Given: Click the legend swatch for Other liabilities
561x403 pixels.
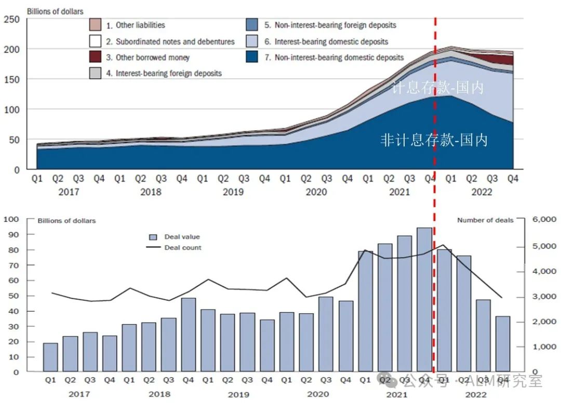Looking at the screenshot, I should (95, 25).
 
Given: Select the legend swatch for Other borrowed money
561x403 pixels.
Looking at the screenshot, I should (95, 57).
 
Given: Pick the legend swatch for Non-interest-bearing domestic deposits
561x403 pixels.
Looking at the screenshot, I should (252, 57).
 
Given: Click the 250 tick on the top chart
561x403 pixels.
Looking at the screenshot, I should (12, 20).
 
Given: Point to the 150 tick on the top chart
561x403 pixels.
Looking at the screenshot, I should (12, 79).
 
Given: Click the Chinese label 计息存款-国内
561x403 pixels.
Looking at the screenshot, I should (437, 88).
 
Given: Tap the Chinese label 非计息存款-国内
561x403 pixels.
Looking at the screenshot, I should (434, 140).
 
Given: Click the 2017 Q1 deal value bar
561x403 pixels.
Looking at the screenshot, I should (50, 357).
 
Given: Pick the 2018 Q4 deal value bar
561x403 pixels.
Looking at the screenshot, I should (188, 335).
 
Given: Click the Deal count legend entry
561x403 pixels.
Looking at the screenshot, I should (183, 247).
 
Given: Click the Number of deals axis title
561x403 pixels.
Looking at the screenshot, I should (485, 220).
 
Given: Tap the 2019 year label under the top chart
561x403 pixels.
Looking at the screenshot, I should (233, 192).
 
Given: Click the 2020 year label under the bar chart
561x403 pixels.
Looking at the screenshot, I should (318, 394).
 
